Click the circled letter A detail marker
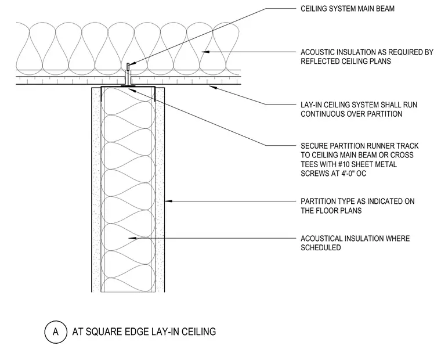(x=56, y=332)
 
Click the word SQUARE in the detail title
(x=102, y=332)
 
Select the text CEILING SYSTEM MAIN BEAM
(x=348, y=9)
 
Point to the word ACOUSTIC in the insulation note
(x=318, y=52)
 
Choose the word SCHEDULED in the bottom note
(x=321, y=248)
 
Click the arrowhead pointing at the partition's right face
(x=168, y=201)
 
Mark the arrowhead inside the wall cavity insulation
(x=132, y=238)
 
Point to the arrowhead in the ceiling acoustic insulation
(x=205, y=52)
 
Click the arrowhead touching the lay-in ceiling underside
(x=213, y=87)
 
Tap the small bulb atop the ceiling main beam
(x=128, y=67)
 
